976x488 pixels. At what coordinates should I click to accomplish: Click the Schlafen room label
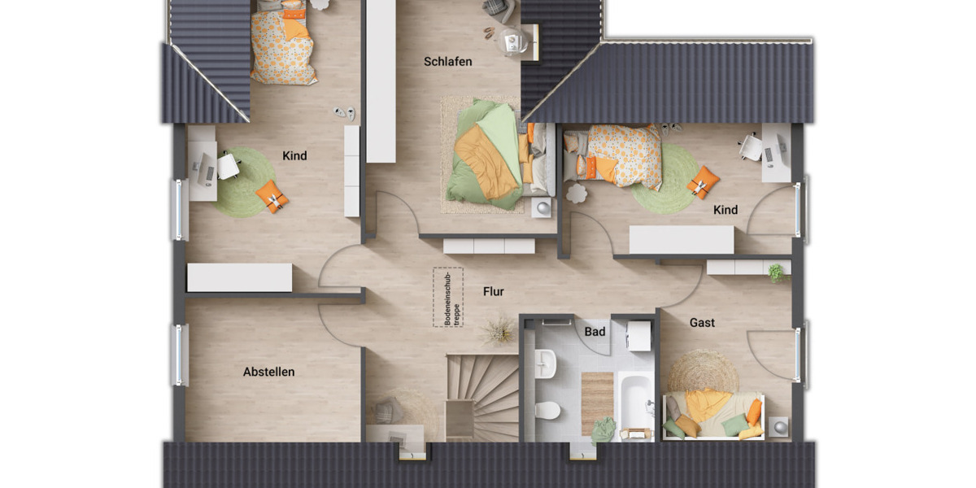pos(447,62)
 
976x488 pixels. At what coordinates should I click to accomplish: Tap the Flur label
pos(493,291)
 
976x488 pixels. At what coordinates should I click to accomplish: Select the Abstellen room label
pos(268,372)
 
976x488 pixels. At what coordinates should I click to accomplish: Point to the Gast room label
pos(702,323)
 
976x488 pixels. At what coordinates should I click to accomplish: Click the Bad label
pos(595,332)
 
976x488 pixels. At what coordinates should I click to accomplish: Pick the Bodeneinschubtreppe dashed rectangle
pos(448,298)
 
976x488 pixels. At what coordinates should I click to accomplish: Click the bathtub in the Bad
pos(635,403)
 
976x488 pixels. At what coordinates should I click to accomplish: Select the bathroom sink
pos(544,363)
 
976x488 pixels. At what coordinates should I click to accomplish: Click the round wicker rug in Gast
pos(703,371)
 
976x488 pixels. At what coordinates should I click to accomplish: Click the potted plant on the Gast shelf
pos(777,272)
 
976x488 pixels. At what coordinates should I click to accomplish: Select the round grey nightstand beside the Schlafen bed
pos(541,209)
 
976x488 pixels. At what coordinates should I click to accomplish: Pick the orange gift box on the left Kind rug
pos(272,196)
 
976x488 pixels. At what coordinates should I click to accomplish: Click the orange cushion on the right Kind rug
pos(702,182)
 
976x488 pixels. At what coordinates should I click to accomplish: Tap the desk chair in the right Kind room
pos(749,147)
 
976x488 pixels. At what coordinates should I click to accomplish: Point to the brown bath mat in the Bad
pos(597,402)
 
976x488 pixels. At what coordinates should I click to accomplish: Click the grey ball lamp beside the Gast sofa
pos(780,426)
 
